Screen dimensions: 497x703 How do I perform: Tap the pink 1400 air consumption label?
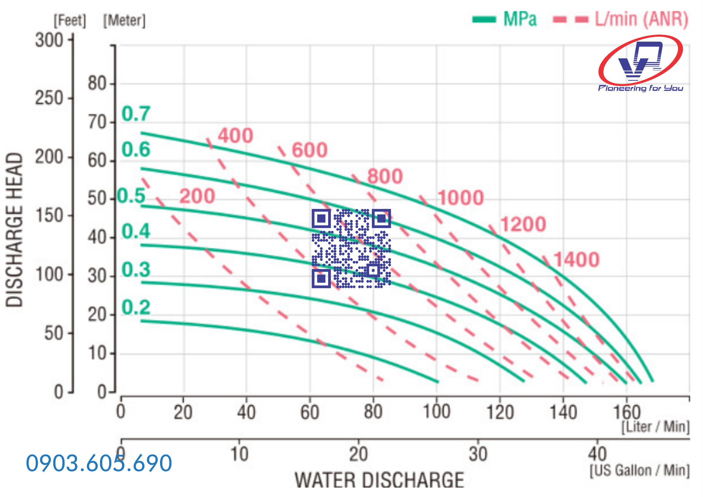pos(576,260)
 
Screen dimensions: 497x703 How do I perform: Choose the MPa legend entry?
pos(505,19)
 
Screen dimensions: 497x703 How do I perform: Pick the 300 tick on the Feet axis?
pos(49,40)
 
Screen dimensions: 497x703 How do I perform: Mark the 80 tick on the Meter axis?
pos(97,83)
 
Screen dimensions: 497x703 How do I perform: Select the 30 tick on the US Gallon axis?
pos(478,454)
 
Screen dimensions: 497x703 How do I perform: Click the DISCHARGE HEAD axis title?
pos(14,230)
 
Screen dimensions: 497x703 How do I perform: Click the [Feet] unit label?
pos(70,20)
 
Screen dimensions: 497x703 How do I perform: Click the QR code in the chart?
pos(351,248)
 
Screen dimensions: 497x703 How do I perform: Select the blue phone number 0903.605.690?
pos(99,463)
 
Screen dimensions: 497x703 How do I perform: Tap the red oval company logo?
pos(640,60)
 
